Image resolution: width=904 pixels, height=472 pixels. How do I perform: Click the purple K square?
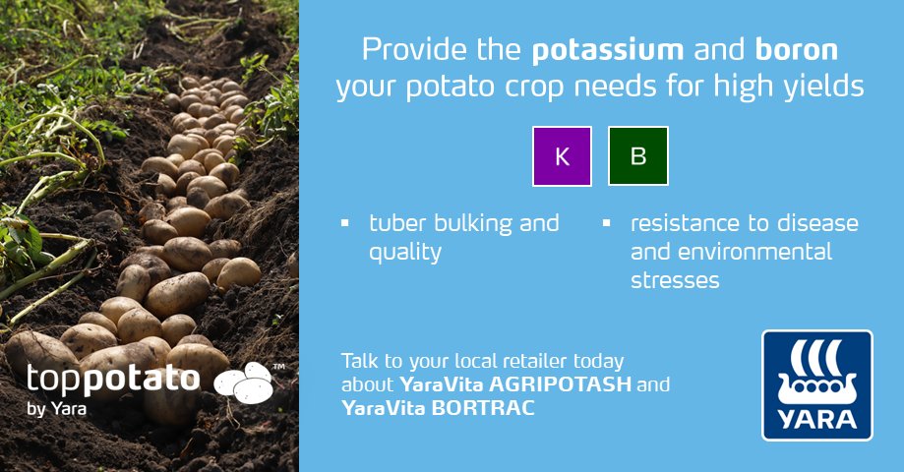[563, 156]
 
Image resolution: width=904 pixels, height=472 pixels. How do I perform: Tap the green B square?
[638, 156]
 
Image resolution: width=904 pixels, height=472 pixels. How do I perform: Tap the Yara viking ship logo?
[816, 371]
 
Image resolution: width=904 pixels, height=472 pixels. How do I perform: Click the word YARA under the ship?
[816, 419]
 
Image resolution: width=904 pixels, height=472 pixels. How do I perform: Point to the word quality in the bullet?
[404, 253]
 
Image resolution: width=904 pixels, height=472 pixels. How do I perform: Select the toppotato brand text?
[113, 380]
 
